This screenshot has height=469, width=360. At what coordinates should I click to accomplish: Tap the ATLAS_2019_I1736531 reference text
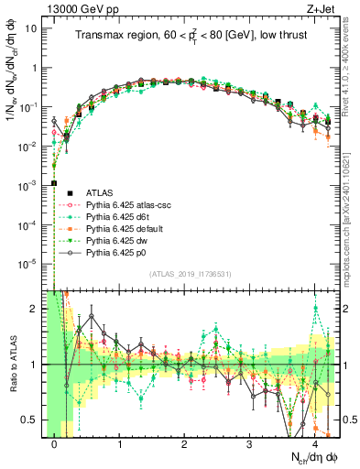click(x=190, y=275)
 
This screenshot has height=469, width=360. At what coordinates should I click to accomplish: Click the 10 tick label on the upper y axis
click(x=30, y=28)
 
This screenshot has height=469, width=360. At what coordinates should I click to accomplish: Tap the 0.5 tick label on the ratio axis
click(x=28, y=420)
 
